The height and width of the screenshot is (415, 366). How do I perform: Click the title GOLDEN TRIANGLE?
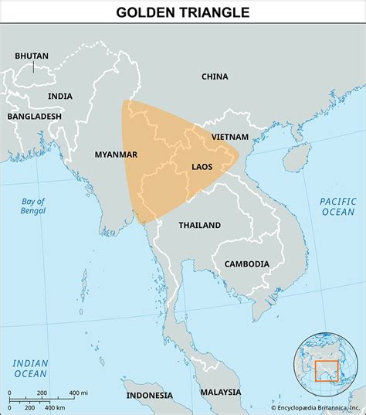(x=183, y=12)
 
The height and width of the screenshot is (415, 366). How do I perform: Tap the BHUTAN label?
(x=32, y=56)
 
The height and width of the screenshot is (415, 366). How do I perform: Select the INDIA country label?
(x=60, y=96)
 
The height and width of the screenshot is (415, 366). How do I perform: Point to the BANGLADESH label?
(x=35, y=116)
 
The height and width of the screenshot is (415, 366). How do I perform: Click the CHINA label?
(x=215, y=77)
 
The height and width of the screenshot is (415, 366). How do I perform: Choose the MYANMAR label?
(x=116, y=155)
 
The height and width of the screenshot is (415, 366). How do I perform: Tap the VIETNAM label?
(x=230, y=136)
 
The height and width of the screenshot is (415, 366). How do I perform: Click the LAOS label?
(x=203, y=166)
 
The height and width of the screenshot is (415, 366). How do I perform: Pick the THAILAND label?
(x=200, y=225)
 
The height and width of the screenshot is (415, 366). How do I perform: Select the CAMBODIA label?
(x=247, y=264)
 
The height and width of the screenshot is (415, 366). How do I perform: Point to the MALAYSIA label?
(x=220, y=392)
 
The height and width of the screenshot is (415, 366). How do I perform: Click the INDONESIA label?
(x=150, y=395)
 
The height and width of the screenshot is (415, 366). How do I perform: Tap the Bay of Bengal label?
(x=33, y=206)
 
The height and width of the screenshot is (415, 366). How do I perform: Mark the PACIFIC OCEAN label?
(x=337, y=206)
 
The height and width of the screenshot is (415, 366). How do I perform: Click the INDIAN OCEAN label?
(x=30, y=368)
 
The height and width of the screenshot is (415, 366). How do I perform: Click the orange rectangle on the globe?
(x=327, y=370)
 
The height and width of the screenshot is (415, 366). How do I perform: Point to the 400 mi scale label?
(x=77, y=393)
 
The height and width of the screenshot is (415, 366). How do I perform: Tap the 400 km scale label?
(x=54, y=406)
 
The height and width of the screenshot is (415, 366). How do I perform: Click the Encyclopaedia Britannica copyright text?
(x=316, y=407)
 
